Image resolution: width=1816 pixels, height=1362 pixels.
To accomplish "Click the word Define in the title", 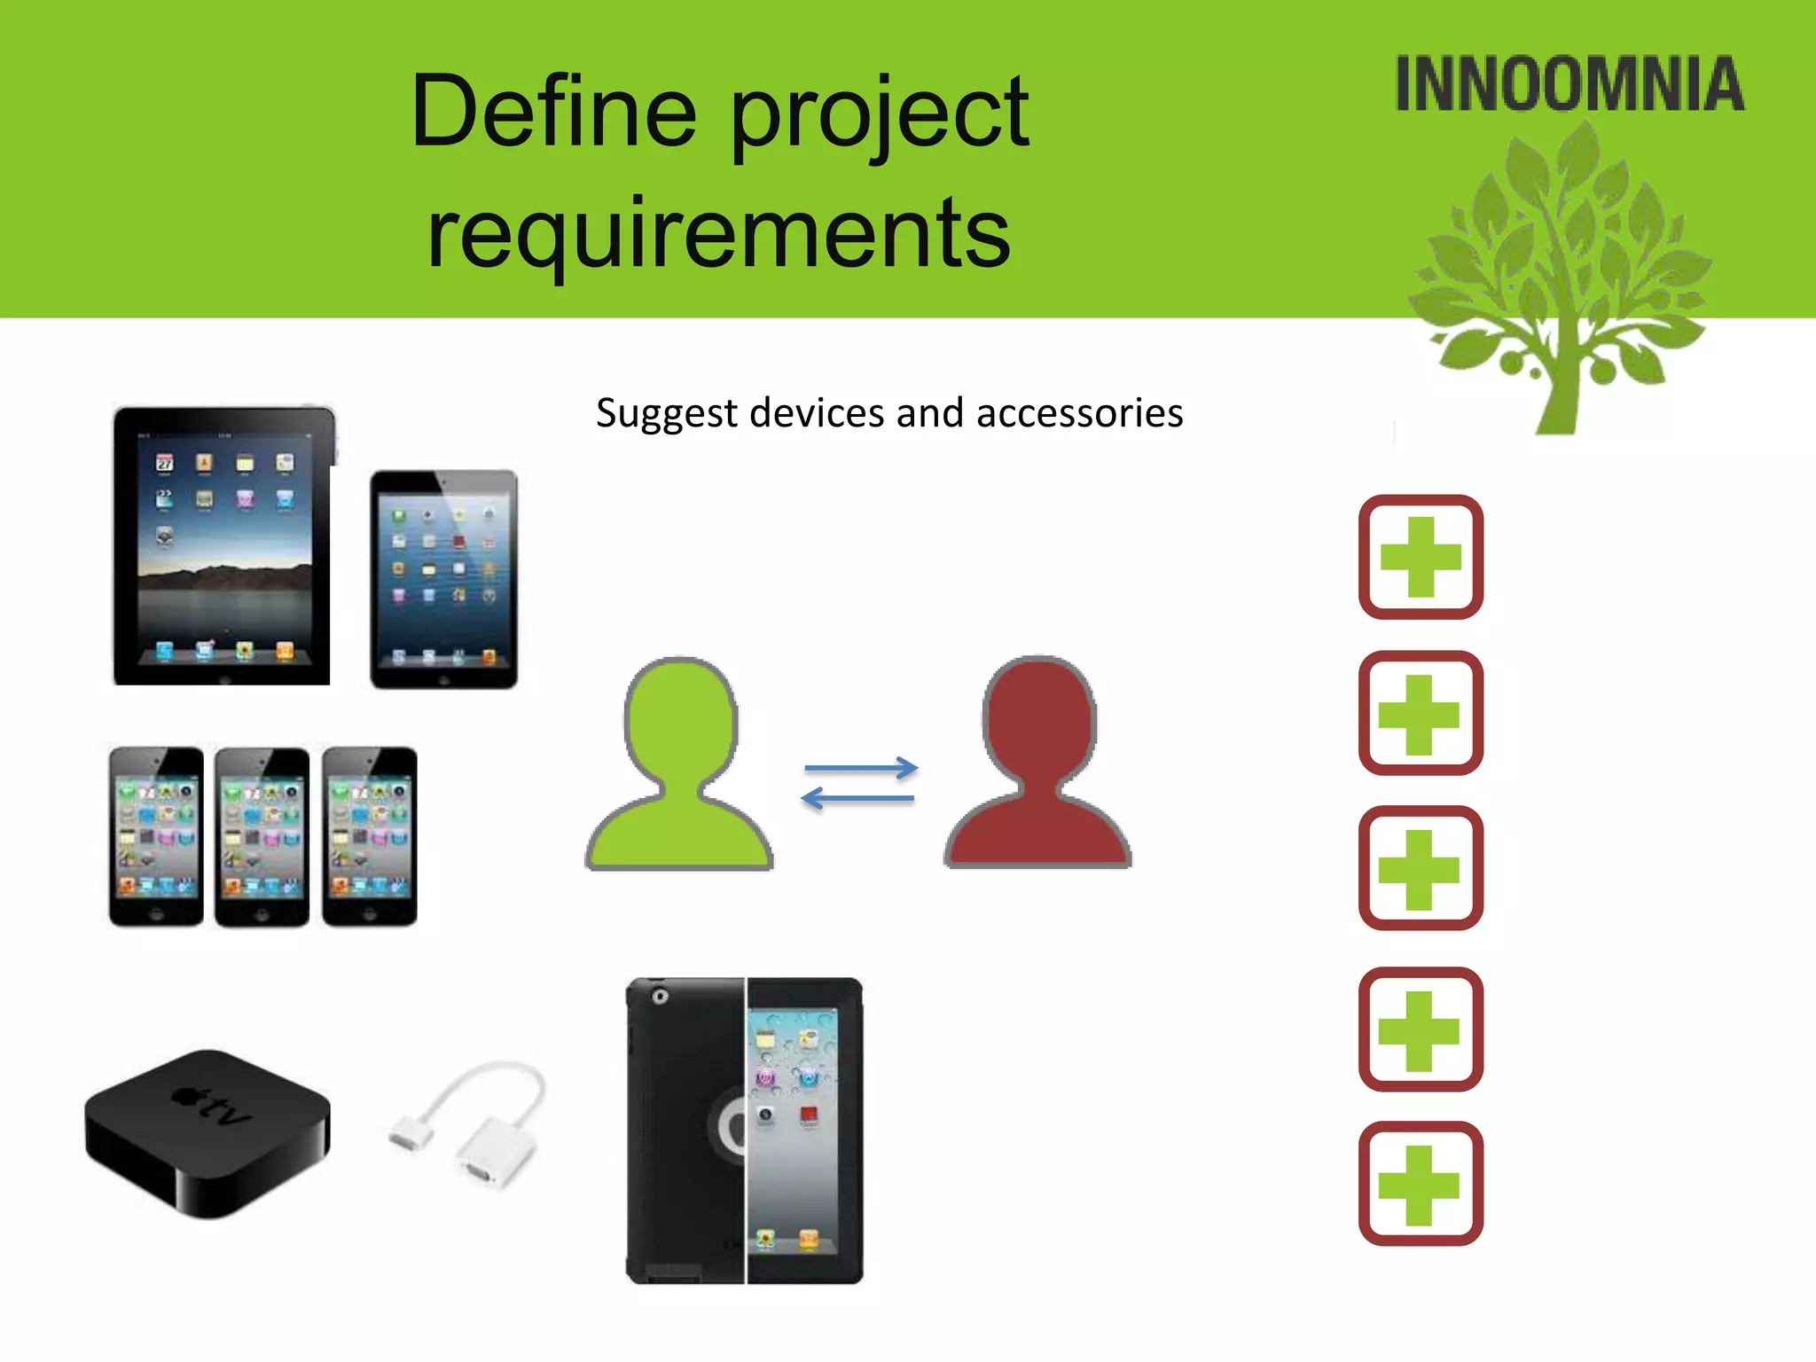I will pyautogui.click(x=553, y=112).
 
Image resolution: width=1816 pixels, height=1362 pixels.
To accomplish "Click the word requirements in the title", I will pyautogui.click(x=718, y=232).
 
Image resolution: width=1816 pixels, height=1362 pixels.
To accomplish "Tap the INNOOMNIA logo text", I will pyautogui.click(x=1569, y=84).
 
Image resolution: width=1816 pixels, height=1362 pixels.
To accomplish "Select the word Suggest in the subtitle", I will pyautogui.click(x=666, y=414).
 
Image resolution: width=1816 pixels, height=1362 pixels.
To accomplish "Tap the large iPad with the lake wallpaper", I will pyautogui.click(x=223, y=545).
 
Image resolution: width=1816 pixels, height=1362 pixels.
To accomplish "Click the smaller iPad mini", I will pyautogui.click(x=443, y=579).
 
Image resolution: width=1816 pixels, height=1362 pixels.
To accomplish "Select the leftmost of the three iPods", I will pyautogui.click(x=156, y=836).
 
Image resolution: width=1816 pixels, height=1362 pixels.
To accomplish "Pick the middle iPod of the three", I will pyautogui.click(x=262, y=836).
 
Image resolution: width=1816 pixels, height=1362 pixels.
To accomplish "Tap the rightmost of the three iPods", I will pyautogui.click(x=369, y=836).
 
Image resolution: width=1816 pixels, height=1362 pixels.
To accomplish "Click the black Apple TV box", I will pyautogui.click(x=207, y=1132).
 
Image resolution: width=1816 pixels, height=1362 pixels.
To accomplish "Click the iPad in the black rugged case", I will pyautogui.click(x=744, y=1131).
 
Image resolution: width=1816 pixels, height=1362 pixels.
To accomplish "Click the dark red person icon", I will pyautogui.click(x=1037, y=764).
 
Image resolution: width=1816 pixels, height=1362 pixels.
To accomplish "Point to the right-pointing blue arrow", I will pyautogui.click(x=860, y=768).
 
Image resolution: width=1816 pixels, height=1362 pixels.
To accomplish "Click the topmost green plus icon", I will pyautogui.click(x=1421, y=557).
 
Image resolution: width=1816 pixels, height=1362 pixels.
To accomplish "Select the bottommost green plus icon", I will pyautogui.click(x=1421, y=1184).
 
